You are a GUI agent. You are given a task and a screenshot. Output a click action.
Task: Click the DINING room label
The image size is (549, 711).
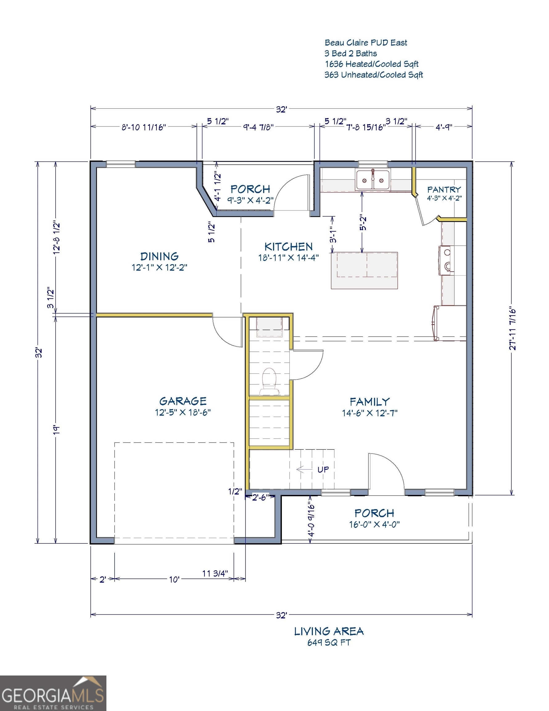[x=159, y=256]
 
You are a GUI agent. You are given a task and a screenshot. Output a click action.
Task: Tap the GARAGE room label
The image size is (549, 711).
[x=183, y=401]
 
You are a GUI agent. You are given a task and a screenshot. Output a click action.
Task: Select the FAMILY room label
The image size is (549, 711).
[x=370, y=401]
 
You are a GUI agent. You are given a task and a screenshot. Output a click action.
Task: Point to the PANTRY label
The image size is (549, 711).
[x=444, y=189]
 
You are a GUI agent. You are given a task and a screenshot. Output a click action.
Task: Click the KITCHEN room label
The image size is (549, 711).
[x=288, y=247]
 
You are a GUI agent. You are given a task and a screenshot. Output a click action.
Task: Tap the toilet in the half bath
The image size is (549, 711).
[x=269, y=381]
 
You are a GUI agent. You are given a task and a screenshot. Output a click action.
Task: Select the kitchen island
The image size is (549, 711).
[x=364, y=270]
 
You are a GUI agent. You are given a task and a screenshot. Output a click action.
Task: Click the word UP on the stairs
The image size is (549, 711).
[x=323, y=469]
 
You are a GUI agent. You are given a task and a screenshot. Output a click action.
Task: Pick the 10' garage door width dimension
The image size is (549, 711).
[x=174, y=580]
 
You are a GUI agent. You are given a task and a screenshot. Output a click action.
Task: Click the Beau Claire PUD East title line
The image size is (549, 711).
[x=366, y=43]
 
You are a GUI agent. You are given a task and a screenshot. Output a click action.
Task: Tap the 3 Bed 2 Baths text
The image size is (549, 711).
[x=350, y=53]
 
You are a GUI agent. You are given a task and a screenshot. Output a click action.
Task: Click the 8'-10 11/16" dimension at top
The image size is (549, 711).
[x=144, y=127]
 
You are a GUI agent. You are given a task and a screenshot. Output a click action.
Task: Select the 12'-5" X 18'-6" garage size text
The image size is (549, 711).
[x=183, y=413]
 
